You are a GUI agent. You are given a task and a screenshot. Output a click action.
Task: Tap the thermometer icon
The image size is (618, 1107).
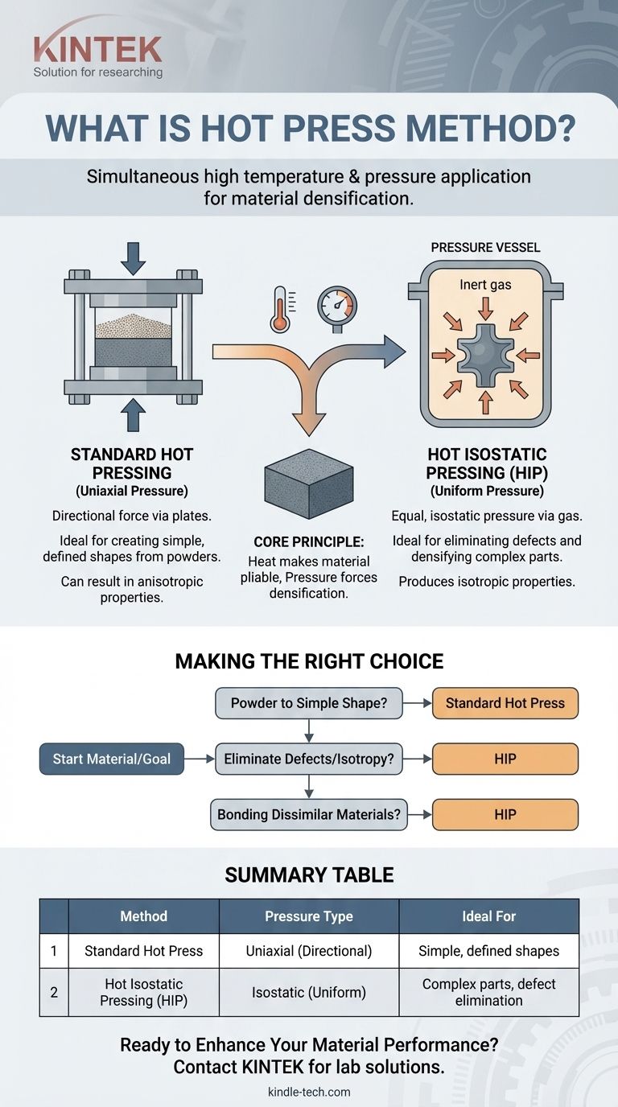pyautogui.click(x=280, y=309)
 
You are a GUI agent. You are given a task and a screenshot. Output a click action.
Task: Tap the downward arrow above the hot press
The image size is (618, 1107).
pyautogui.click(x=133, y=257)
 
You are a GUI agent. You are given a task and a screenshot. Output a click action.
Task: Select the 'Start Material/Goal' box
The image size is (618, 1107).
pyautogui.click(x=111, y=759)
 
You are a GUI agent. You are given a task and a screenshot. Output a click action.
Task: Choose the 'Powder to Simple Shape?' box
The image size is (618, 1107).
pyautogui.click(x=309, y=702)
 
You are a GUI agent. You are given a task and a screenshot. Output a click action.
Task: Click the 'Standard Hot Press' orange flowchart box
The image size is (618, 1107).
pyautogui.click(x=505, y=702)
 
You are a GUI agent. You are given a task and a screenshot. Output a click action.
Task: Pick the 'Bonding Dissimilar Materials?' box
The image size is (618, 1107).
pyautogui.click(x=309, y=814)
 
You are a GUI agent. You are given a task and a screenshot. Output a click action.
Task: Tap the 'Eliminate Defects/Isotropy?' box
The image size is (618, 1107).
pyautogui.click(x=309, y=759)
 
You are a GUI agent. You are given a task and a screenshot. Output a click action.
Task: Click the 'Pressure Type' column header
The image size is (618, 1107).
pyautogui.click(x=308, y=916)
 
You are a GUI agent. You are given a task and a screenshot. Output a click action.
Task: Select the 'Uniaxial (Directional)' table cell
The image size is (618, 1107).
pyautogui.click(x=308, y=951)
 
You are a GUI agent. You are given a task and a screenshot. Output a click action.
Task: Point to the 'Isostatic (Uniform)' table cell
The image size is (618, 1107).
pyautogui.click(x=308, y=992)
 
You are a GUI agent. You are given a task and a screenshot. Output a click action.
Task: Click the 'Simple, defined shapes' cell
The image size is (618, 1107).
pyautogui.click(x=488, y=951)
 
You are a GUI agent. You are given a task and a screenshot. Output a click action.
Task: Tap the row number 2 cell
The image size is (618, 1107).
pyautogui.click(x=54, y=992)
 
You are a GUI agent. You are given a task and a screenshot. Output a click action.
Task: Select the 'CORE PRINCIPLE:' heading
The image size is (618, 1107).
pyautogui.click(x=308, y=543)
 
